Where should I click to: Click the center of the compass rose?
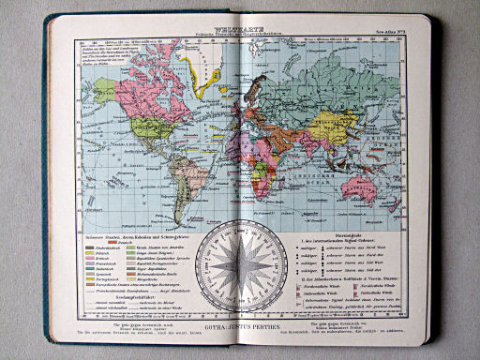238,265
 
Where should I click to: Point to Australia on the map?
379,187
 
